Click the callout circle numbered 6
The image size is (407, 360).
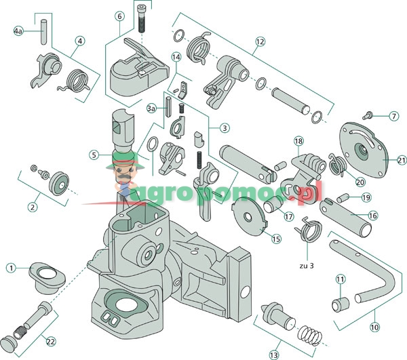pos(119,16)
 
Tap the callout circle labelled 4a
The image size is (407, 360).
pos(18,31)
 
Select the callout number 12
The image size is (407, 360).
pos(260,41)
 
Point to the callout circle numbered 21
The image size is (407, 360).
pos(402,160)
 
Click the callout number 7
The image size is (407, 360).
pos(394,116)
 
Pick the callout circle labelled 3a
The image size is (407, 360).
pos(151,108)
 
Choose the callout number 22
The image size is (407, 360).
pos(51,342)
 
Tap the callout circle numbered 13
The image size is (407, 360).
pos(274,355)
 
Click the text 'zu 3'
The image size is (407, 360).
pos(307,266)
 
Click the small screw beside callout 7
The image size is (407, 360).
pos(367,115)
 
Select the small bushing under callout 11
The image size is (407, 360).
pos(341,304)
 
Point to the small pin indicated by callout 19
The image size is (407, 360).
pos(343,198)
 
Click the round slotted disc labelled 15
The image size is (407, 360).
pos(249,216)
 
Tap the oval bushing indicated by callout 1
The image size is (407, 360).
pos(47,277)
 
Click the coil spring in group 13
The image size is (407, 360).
pos(310,336)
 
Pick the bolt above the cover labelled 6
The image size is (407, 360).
pos(142,19)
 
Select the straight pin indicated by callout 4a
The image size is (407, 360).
pos(43,31)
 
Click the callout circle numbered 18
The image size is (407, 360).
pos(298,141)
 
